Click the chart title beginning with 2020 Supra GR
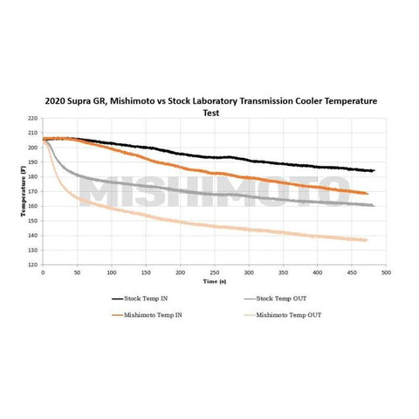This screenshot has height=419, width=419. click(209, 101)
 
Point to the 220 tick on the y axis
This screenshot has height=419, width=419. click(33, 118)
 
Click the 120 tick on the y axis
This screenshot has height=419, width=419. click(33, 264)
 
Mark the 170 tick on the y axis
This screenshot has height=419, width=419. click(33, 191)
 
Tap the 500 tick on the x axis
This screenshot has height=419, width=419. click(386, 272)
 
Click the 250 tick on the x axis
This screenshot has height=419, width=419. click(214, 272)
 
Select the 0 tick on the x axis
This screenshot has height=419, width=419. click(42, 272)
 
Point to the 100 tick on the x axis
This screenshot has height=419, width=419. click(111, 272)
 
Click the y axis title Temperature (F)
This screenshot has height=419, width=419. click(23, 191)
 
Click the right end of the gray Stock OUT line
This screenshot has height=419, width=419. click(373, 205)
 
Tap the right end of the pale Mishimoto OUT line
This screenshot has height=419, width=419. click(367, 240)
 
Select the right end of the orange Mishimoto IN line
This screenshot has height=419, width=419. click(367, 193)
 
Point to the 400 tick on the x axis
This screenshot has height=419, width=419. click(317, 272)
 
